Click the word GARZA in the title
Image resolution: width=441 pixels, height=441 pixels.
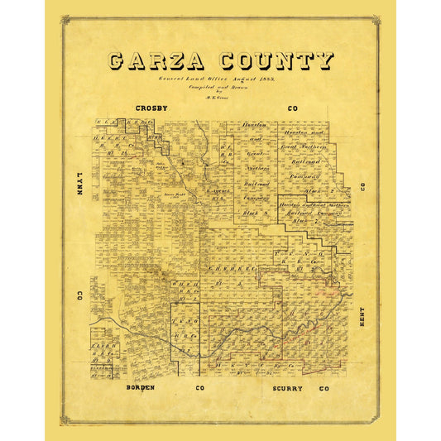[x=156, y=61]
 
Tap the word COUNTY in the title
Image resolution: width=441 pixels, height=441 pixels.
[x=276, y=61]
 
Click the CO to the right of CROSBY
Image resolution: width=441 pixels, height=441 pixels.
[x=292, y=108]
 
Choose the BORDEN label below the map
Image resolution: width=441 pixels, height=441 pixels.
[x=141, y=387]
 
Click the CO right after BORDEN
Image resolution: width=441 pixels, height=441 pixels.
[x=199, y=387]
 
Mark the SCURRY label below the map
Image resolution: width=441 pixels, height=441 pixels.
[x=285, y=387]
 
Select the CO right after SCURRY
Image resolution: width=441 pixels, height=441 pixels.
[x=324, y=387]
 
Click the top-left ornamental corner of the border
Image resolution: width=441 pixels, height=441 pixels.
[x=65, y=19]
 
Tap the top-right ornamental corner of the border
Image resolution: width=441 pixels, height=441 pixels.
[x=376, y=19]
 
